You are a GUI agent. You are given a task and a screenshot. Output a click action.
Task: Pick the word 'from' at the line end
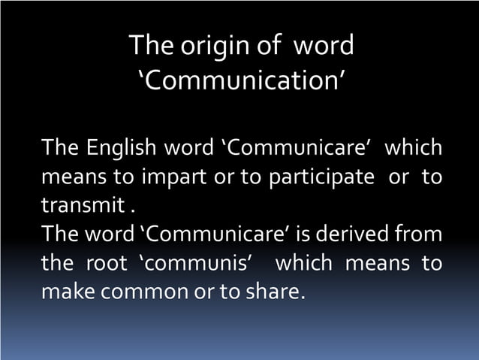[421, 232]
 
